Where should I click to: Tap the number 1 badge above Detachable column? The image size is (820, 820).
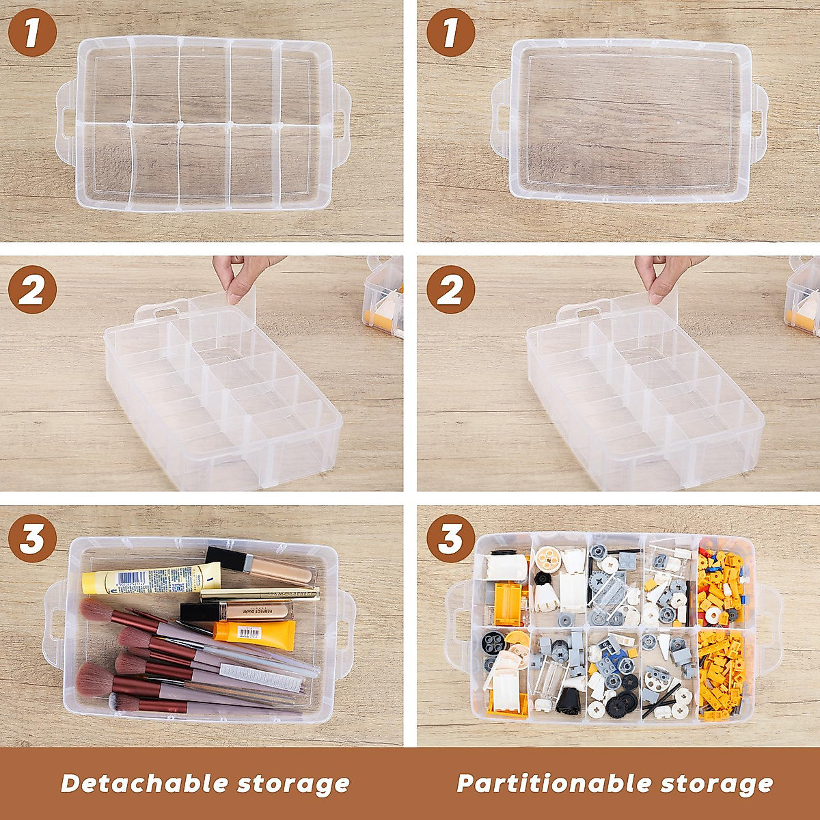coord(31,32)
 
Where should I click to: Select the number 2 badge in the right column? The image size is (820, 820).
coord(450,292)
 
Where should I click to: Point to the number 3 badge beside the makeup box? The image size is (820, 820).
coord(31,540)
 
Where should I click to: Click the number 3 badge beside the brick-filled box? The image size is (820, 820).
coord(450,540)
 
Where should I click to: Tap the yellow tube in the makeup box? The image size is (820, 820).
coord(150,581)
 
